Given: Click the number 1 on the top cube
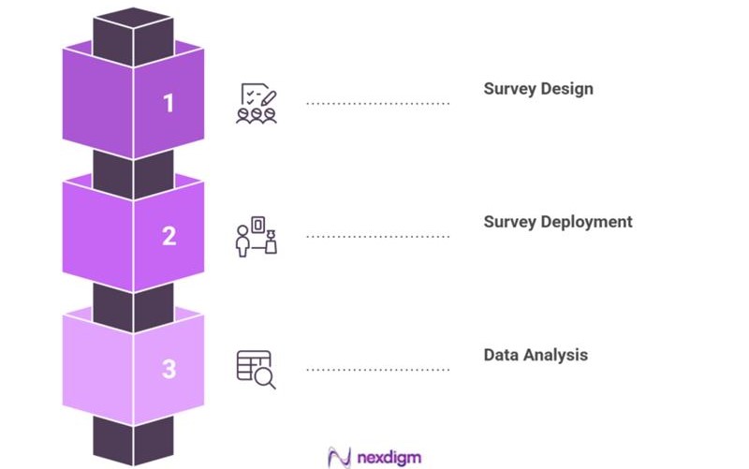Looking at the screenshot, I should click(x=169, y=103).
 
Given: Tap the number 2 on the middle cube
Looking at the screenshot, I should click(x=169, y=236).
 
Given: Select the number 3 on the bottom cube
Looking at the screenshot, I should click(x=169, y=369).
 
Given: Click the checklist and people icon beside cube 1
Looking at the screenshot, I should click(x=256, y=103).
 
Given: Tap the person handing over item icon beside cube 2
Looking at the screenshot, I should click(x=256, y=236).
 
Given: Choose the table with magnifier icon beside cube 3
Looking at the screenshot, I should click(x=256, y=369).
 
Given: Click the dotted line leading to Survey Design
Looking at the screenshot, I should click(x=378, y=104).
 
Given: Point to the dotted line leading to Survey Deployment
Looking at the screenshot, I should click(x=378, y=237).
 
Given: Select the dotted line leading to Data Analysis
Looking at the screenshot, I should click(x=378, y=370).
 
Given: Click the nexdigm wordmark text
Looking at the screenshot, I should click(x=388, y=457).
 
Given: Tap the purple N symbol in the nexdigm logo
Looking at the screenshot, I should click(x=339, y=457).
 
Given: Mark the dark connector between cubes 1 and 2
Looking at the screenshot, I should click(x=133, y=173).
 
